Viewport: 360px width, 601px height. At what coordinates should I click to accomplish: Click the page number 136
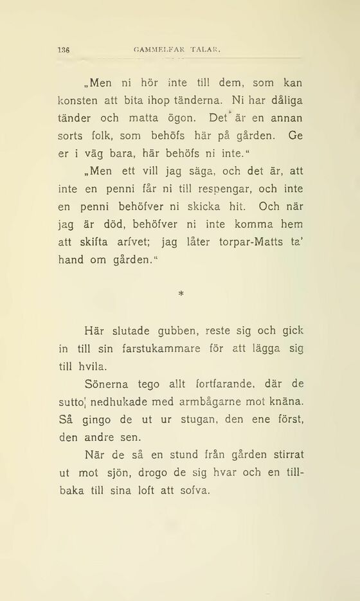click(63, 49)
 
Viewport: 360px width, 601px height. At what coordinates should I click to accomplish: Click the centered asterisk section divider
click(181, 294)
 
